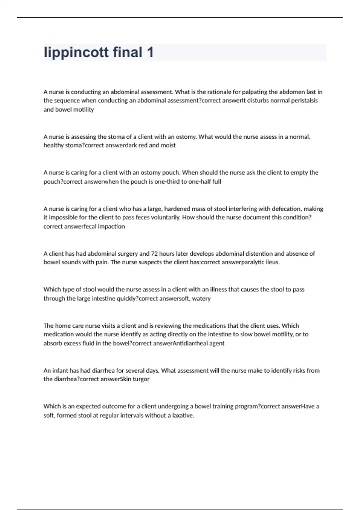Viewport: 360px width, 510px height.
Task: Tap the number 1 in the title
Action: (150, 52)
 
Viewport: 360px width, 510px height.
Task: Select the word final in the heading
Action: (127, 52)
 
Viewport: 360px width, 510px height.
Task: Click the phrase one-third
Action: (167, 181)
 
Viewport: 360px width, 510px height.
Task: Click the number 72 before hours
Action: (154, 254)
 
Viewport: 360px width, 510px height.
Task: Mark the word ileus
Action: (272, 262)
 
